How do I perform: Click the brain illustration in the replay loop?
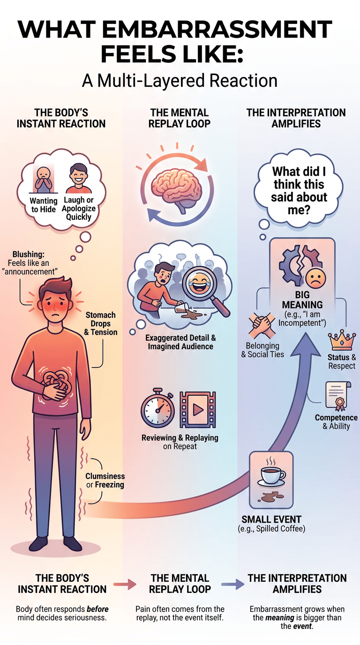176,189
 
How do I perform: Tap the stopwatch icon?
157,408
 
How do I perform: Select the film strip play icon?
197,409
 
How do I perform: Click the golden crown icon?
342,340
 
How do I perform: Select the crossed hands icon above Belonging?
262,326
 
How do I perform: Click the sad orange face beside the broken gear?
315,279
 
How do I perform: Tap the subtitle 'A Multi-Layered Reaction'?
180,81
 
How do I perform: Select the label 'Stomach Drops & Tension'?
100,323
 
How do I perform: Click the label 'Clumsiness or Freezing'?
105,480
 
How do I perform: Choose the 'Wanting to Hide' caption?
44,205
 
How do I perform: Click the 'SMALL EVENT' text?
271,519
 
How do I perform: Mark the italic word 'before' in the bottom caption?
97,609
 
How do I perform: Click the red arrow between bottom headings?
125,584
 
